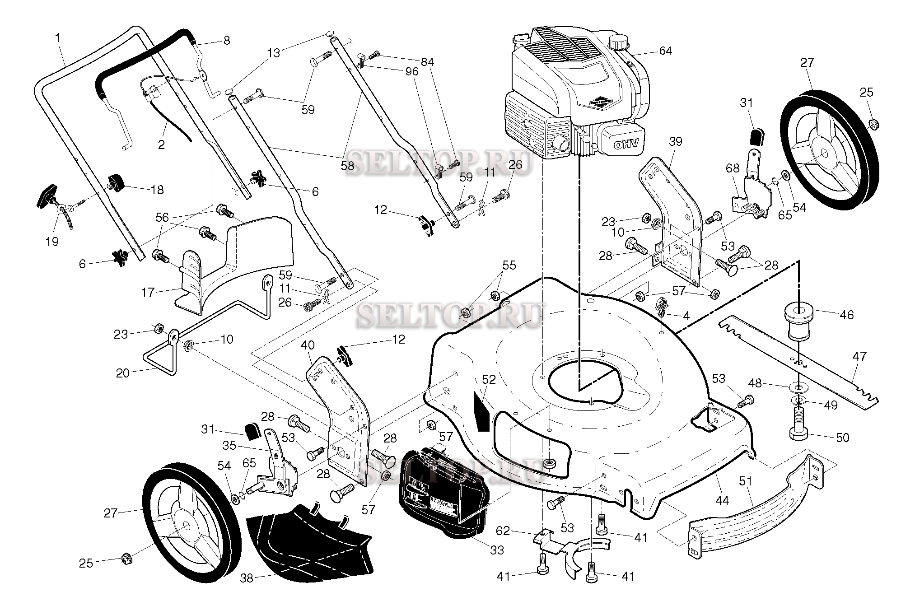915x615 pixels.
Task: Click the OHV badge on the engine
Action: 625,144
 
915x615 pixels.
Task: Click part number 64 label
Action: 665,51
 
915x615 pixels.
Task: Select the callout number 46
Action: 847,315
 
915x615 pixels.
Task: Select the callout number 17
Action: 148,293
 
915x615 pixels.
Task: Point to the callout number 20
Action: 123,373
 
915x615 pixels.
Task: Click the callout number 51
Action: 746,481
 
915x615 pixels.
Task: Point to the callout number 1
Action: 58,38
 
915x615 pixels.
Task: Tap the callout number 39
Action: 676,141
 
